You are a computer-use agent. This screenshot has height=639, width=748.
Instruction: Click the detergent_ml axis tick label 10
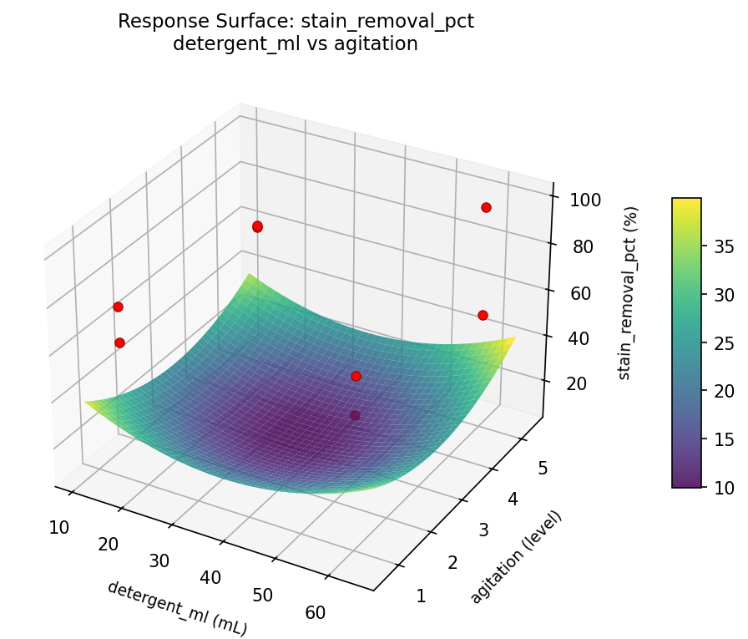coord(58,526)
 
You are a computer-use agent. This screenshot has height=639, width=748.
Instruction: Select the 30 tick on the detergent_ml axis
coord(159,560)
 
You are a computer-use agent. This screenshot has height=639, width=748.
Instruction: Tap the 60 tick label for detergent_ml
coord(315,612)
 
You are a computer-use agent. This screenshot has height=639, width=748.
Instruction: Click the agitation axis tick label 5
coord(543,468)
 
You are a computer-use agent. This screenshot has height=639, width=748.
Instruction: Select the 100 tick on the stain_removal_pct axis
coord(587,200)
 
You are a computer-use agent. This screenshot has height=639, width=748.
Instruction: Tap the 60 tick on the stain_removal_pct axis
coord(583,293)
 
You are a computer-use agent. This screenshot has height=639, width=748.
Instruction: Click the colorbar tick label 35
coord(724,246)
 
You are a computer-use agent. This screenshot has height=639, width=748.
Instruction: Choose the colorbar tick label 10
coord(724,487)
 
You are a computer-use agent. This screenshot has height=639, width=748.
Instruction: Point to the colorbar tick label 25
coord(724,342)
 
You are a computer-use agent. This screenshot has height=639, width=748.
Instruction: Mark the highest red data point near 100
coord(486,207)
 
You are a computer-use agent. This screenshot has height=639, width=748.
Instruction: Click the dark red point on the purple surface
coord(355,415)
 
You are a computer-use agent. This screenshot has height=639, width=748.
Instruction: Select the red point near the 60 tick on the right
coord(483,315)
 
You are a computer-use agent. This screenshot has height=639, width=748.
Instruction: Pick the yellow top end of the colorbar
coord(686,202)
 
